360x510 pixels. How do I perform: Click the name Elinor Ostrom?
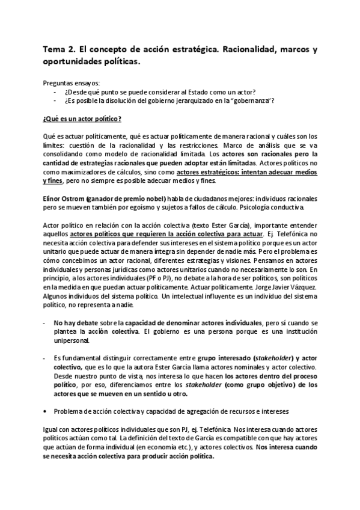pyautogui.click(x=64, y=198)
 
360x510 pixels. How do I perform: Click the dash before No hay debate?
pyautogui.click(x=46, y=322)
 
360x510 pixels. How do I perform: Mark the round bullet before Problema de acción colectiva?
pyautogui.click(x=46, y=411)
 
